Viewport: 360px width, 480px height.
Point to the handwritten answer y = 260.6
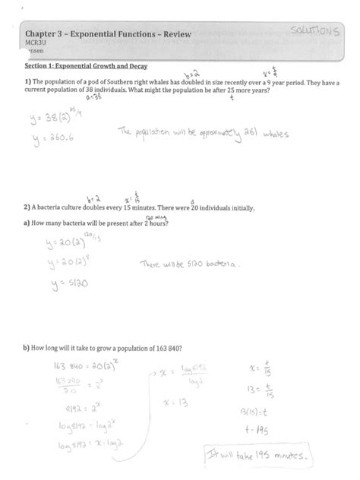coord(54,141)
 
